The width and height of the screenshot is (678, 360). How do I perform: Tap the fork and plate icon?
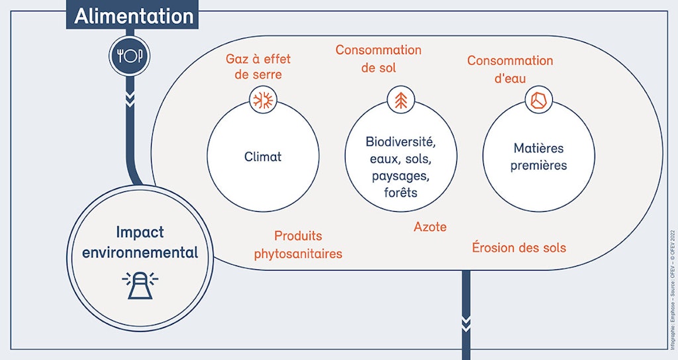[x=130, y=56]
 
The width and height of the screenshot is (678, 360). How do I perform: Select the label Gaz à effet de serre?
[x=263, y=67]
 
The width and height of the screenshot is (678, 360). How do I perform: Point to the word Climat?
[x=263, y=157]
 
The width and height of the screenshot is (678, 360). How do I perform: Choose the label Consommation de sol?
[x=378, y=58]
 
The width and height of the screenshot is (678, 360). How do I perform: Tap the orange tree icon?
[x=400, y=100]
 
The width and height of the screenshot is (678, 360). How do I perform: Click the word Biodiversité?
[x=401, y=142]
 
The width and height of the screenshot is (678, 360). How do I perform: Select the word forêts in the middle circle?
[x=401, y=193]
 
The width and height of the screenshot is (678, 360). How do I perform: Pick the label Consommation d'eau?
[x=510, y=69]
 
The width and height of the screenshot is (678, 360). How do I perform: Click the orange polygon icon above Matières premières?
[x=538, y=100]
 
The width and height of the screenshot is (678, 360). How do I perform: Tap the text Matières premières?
[x=538, y=157]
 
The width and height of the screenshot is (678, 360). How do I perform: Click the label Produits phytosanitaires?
[x=298, y=245]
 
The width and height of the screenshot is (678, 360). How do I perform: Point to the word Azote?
[x=430, y=227]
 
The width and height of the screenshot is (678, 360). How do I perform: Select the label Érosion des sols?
[x=518, y=247]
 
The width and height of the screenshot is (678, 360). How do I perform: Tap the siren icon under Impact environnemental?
[x=140, y=285]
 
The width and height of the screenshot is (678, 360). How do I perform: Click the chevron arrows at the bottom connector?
[x=466, y=324]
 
